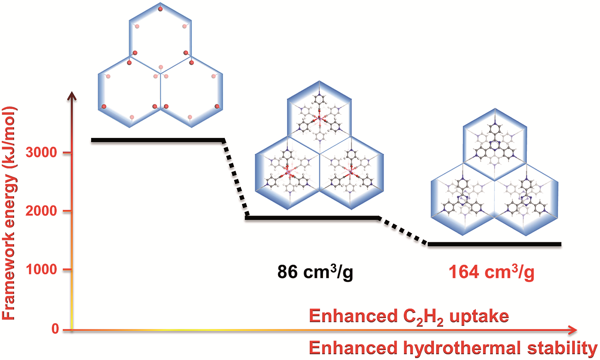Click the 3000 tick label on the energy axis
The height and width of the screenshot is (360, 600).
point(41,152)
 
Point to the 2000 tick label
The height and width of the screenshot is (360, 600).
point(41,211)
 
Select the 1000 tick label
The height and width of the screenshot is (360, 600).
point(41,269)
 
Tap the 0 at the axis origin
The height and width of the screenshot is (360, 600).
point(55,329)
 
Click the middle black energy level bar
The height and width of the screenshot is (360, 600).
point(312,218)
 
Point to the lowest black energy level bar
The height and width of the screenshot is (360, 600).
point(494,244)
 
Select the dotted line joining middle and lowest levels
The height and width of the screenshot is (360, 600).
point(403,231)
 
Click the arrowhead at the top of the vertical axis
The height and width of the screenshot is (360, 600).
point(72,96)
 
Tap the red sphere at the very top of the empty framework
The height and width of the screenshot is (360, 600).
point(160,9)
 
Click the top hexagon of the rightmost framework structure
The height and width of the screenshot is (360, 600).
point(495,145)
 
